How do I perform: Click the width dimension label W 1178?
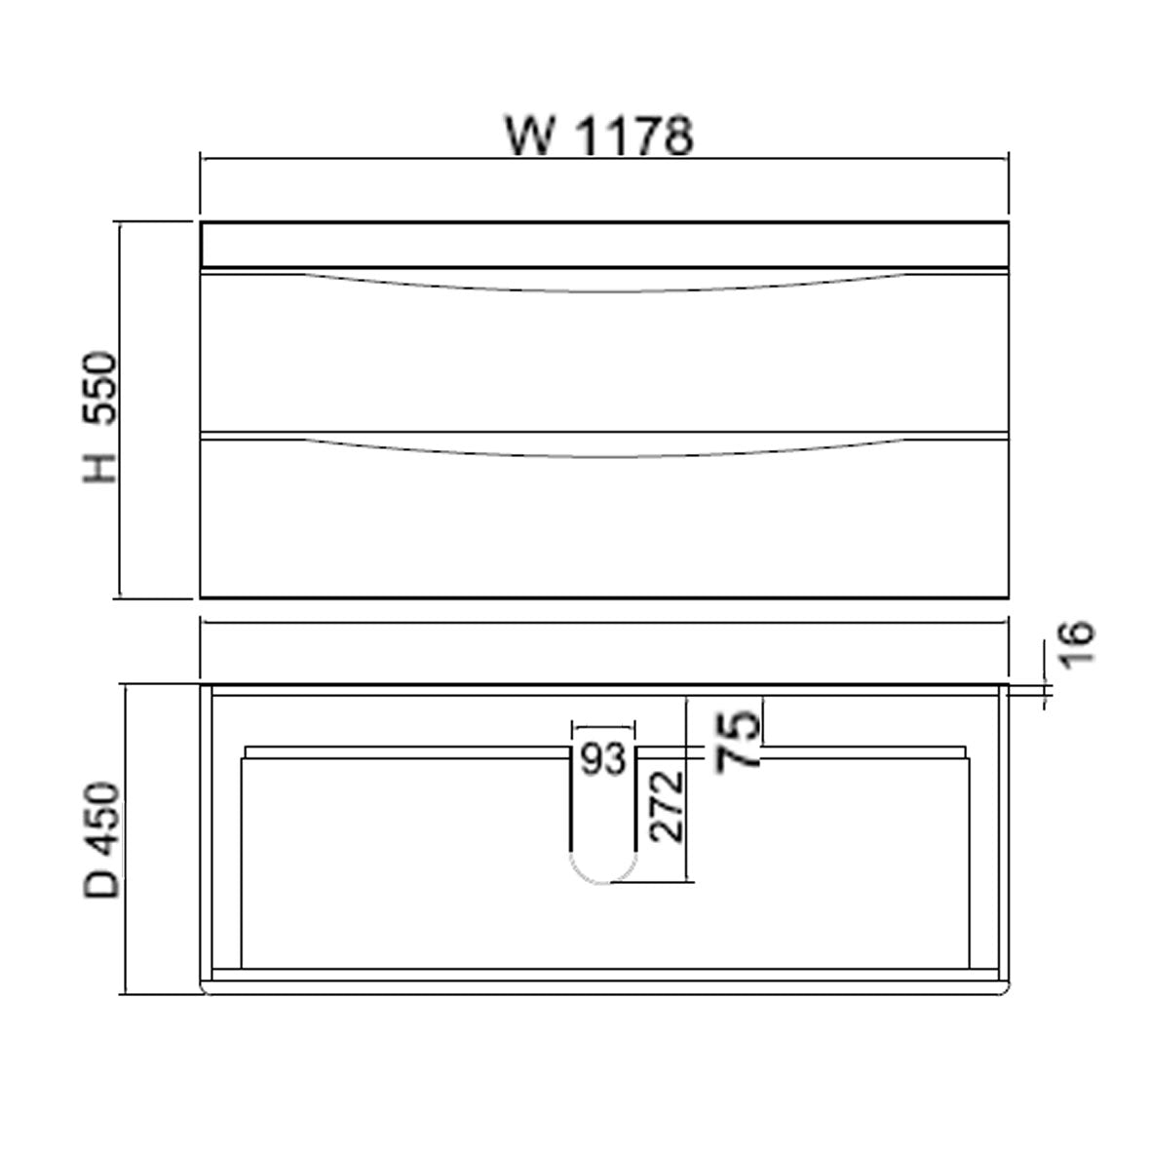click(598, 135)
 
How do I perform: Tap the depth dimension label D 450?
click(101, 840)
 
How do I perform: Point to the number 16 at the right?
click(1076, 644)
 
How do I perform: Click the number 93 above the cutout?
click(603, 759)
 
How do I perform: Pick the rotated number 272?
click(667, 806)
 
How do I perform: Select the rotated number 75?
click(738, 741)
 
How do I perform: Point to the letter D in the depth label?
click(101, 882)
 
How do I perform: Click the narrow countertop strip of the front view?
click(603, 244)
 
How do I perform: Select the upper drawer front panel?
click(603, 361)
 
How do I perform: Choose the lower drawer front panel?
click(603, 526)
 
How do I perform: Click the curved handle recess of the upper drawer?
click(603, 282)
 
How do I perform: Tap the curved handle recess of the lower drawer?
click(603, 447)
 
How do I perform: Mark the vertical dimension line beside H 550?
click(119, 409)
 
